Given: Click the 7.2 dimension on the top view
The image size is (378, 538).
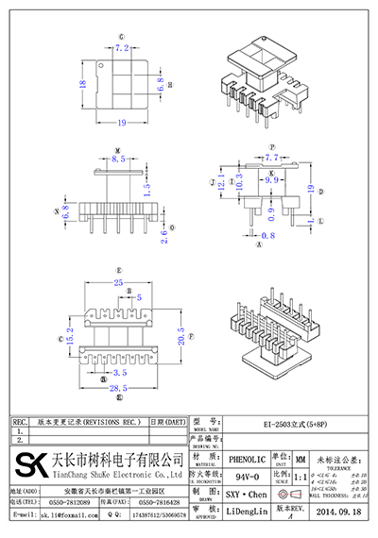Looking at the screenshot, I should pyautogui.click(x=121, y=46).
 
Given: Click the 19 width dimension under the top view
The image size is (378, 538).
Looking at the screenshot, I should pyautogui.click(x=123, y=123).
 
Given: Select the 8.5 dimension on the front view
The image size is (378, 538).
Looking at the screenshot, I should pyautogui.click(x=118, y=161).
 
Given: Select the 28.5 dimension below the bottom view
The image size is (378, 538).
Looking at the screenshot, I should pyautogui.click(x=118, y=388).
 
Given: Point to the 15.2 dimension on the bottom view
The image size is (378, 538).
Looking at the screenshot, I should pyautogui.click(x=67, y=334).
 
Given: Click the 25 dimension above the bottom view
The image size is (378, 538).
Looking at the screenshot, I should pyautogui.click(x=119, y=282).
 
